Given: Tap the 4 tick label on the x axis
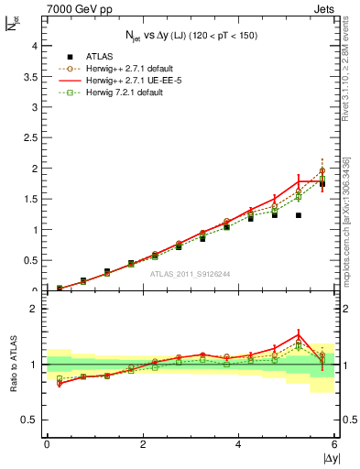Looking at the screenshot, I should [x=239, y=444].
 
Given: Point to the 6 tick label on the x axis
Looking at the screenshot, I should [x=334, y=444].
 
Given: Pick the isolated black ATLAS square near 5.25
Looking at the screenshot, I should [x=299, y=215].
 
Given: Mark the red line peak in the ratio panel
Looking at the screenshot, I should [x=299, y=333].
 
